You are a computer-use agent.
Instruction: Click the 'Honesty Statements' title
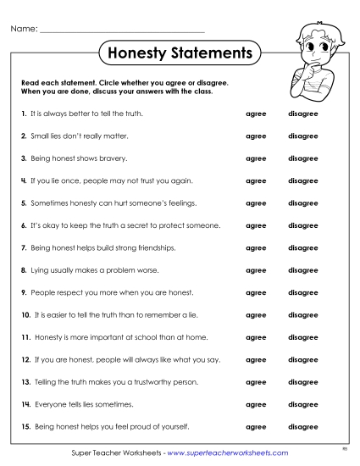pyautogui.click(x=180, y=53)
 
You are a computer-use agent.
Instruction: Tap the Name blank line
pyautogui.click(x=122, y=31)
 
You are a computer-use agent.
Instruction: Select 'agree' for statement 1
pyautogui.click(x=255, y=113)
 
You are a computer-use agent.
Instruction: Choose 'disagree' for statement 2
pyautogui.click(x=302, y=136)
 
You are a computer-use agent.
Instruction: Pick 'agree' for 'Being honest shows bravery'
pyautogui.click(x=255, y=158)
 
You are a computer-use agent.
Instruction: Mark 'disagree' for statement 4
pyautogui.click(x=302, y=180)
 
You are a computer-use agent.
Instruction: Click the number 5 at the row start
pyautogui.click(x=23, y=203)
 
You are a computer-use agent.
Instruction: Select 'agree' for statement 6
pyautogui.click(x=255, y=225)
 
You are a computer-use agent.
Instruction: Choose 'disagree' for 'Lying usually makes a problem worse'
pyautogui.click(x=302, y=270)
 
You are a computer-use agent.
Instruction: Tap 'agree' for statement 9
pyautogui.click(x=255, y=292)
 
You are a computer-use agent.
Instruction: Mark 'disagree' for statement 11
pyautogui.click(x=302, y=337)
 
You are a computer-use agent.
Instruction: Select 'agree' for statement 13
pyautogui.click(x=255, y=382)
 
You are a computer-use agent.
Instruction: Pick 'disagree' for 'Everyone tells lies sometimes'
pyautogui.click(x=302, y=404)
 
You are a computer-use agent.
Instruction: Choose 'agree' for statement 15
pyautogui.click(x=255, y=426)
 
